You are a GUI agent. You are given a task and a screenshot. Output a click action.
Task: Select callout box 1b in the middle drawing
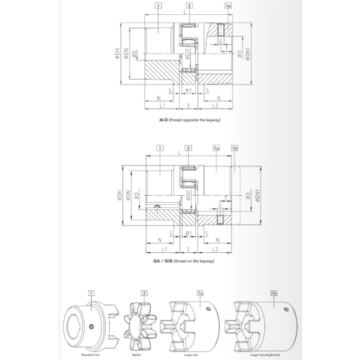click(235, 149)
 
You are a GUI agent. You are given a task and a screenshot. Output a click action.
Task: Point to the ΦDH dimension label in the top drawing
click(118, 52)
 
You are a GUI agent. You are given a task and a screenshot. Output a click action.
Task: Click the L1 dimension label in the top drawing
click(161, 105)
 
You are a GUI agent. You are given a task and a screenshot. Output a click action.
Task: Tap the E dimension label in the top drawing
click(189, 105)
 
